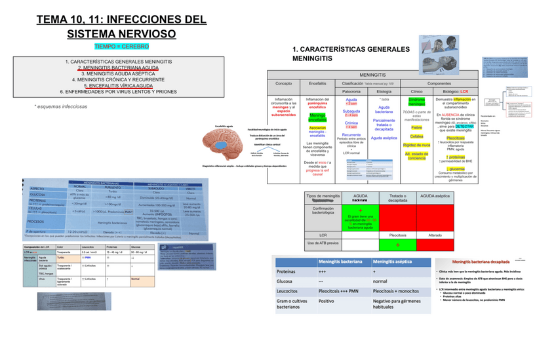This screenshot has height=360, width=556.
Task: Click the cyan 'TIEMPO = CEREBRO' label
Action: pyautogui.click(x=121, y=47)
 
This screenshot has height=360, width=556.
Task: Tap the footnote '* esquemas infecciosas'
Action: pyautogui.click(x=60, y=106)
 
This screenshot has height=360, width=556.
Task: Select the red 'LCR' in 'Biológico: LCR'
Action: pyautogui.click(x=464, y=91)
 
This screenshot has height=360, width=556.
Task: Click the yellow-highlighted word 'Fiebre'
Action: pyautogui.click(x=416, y=127)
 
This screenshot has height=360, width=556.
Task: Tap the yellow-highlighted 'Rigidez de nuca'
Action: pyautogui.click(x=416, y=144)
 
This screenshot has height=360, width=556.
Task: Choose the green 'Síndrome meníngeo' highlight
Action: pyautogui.click(x=416, y=102)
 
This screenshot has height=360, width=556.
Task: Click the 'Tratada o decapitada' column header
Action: pyautogui.click(x=398, y=198)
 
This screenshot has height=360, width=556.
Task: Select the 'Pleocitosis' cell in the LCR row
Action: pyautogui.click(x=398, y=233)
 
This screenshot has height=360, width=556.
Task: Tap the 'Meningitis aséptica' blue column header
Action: pyautogui.click(x=397, y=261)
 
